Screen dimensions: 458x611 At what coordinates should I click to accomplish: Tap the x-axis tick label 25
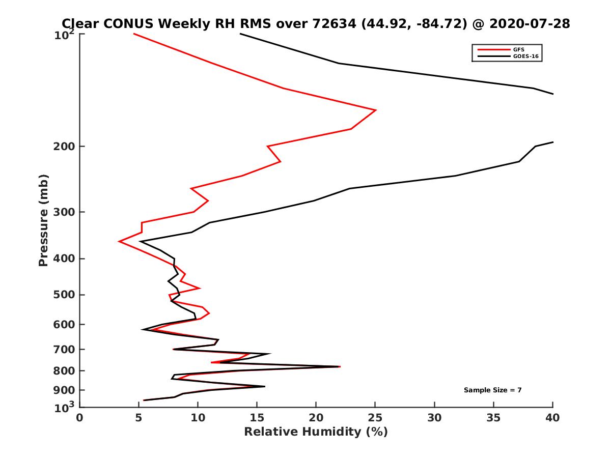click(x=375, y=418)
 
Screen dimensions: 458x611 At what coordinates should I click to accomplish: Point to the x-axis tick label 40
click(x=552, y=418)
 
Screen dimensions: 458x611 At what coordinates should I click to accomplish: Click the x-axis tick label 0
click(x=80, y=418)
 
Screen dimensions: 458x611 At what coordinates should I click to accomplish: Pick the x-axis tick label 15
click(x=257, y=418)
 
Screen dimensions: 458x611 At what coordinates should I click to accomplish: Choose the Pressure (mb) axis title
click(x=43, y=220)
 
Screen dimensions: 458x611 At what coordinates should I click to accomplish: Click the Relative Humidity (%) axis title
click(x=316, y=432)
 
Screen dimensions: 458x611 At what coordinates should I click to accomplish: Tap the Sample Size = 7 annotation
click(x=492, y=390)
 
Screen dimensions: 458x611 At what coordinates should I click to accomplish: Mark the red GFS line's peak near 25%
click(x=376, y=110)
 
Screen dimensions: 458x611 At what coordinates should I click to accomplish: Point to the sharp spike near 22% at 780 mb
click(x=340, y=366)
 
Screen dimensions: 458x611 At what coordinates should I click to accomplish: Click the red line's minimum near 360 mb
click(x=119, y=241)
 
